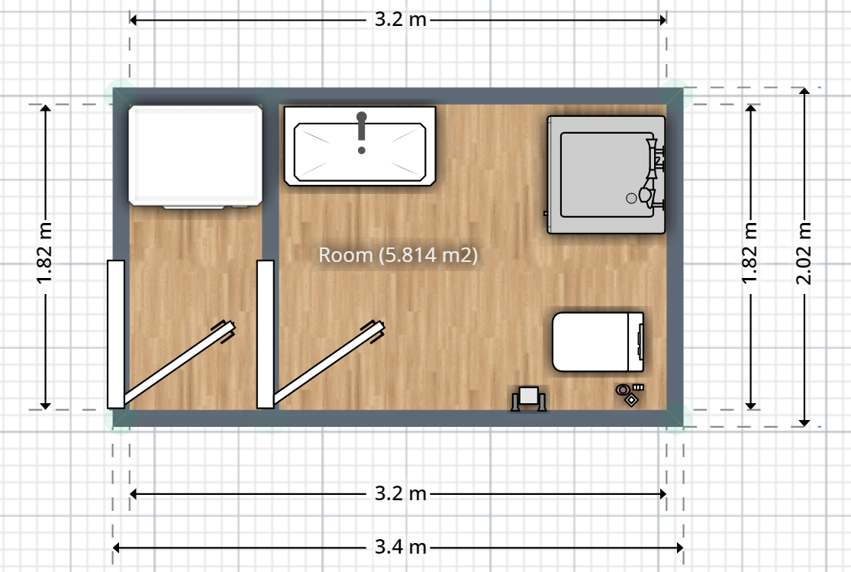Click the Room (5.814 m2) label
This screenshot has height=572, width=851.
click(398, 255)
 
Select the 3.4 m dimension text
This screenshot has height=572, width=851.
click(401, 547)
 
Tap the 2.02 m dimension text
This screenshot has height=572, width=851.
click(804, 253)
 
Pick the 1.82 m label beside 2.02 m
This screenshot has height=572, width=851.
click(749, 253)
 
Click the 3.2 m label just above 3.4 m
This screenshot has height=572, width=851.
click(401, 493)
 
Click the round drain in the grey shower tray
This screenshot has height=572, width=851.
click(631, 199)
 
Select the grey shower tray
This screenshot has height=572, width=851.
click(606, 174)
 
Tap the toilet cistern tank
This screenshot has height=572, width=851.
click(636, 341)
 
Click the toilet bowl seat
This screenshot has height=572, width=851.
click(591, 341)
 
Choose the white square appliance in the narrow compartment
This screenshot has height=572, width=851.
click(195, 157)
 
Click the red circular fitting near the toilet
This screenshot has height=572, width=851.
click(623, 389)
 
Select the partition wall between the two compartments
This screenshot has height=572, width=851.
click(270, 182)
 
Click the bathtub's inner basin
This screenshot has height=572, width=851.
click(359, 152)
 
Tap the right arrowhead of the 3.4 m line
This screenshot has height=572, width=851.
click(679, 548)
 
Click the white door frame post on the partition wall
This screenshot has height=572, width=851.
click(266, 334)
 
